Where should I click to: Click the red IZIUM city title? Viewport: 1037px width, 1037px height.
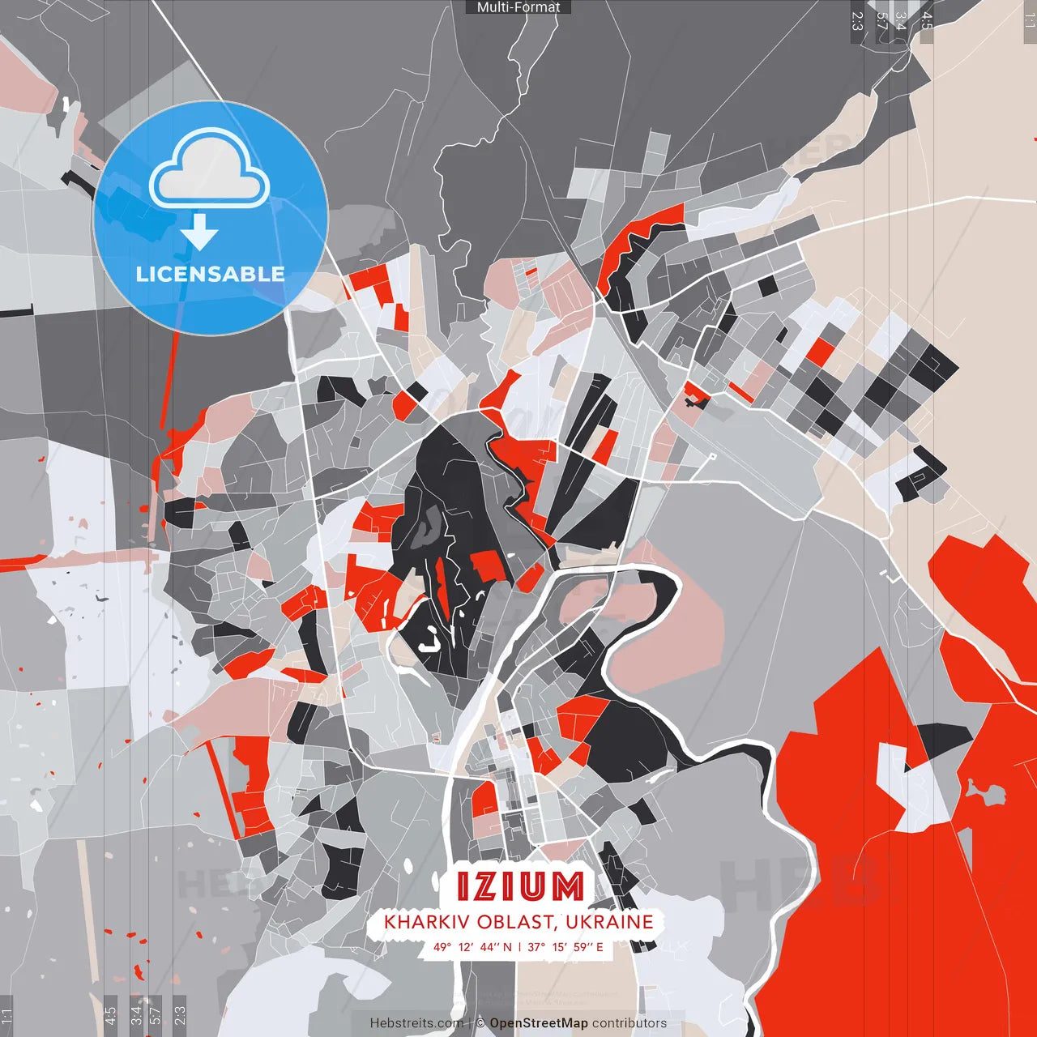tap(519, 886)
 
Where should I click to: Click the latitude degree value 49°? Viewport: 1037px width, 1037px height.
tap(442, 947)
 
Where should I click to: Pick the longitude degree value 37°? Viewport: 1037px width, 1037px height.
tap(536, 947)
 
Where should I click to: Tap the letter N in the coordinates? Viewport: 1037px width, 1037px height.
tap(507, 947)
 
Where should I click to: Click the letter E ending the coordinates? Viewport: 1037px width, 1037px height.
tap(600, 947)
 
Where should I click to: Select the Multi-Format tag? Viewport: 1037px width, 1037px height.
tap(518, 7)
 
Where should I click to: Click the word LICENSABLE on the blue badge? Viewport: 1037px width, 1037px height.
tap(211, 274)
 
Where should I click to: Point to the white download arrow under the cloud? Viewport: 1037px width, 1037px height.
tap(199, 233)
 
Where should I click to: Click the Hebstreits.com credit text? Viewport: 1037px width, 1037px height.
tap(417, 1023)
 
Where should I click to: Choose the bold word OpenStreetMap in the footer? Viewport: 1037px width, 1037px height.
tap(539, 1023)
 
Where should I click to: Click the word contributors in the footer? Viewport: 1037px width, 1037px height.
tap(629, 1023)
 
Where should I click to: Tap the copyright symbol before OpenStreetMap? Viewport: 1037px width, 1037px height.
tap(480, 1023)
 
